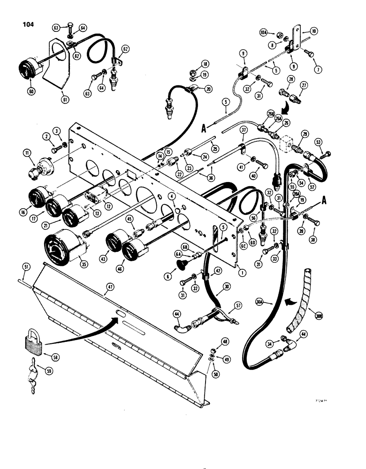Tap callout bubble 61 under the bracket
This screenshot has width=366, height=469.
click(x=64, y=99)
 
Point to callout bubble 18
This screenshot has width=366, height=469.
click(x=193, y=64)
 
